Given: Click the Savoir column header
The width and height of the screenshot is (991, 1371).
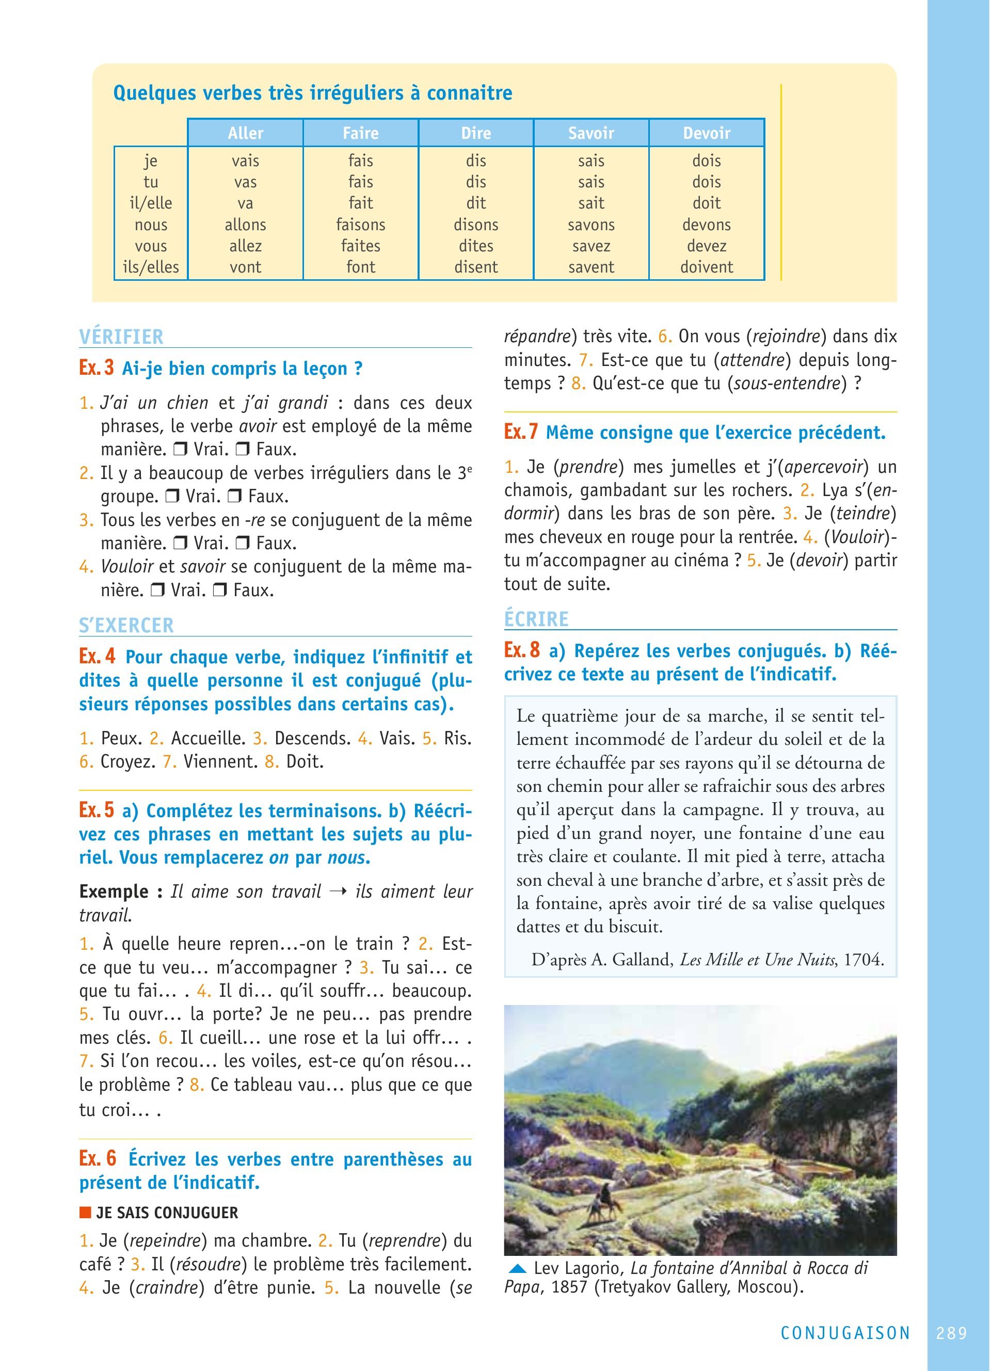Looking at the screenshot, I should (590, 133).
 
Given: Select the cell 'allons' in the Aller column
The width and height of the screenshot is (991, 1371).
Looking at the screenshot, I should (245, 225).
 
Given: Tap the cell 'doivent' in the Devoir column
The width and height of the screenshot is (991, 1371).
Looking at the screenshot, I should (707, 267).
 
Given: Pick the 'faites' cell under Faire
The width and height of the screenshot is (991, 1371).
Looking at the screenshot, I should (361, 246).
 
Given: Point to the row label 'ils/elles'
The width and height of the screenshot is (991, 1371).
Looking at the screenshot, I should (151, 267).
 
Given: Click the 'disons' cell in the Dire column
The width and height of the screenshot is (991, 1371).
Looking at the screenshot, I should (476, 225).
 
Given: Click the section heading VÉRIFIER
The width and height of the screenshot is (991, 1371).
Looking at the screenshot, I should (121, 337).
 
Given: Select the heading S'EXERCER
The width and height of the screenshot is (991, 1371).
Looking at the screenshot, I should (126, 625).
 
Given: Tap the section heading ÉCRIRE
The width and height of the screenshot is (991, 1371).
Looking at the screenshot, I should (537, 619).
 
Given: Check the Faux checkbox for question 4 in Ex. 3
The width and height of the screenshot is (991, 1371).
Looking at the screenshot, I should (220, 590).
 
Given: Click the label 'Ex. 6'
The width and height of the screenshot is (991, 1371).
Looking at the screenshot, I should (98, 1159).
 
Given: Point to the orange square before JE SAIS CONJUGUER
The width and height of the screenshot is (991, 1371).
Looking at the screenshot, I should (85, 1213).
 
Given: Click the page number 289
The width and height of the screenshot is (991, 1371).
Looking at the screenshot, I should (952, 1333).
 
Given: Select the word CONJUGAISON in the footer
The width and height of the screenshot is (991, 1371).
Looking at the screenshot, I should (845, 1333).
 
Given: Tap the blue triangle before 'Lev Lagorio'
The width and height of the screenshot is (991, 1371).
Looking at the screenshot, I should (518, 1268).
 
